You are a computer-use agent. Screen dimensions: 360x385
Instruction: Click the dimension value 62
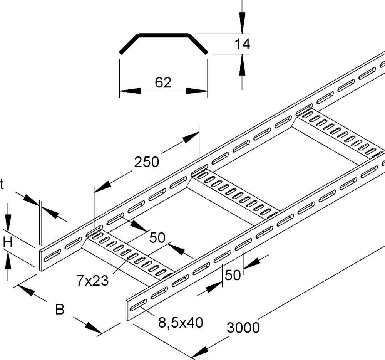(163, 82)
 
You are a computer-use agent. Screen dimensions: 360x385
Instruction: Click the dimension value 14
(242, 44)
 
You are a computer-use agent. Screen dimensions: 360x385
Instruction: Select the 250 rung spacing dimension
(146, 162)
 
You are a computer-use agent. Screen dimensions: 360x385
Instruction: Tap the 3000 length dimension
(243, 328)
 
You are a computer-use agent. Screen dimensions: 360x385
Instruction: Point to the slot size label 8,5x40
(180, 322)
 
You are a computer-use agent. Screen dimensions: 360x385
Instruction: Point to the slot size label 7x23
(92, 281)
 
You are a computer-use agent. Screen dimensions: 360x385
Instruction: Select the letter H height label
(8, 242)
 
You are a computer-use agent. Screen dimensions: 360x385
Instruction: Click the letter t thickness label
(2, 185)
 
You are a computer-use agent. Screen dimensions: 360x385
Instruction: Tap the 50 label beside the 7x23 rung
(157, 238)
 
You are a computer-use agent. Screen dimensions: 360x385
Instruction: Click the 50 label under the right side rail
(233, 275)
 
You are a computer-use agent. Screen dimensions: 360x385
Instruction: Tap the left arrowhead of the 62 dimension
(129, 91)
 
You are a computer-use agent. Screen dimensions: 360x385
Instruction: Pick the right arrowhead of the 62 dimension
(197, 91)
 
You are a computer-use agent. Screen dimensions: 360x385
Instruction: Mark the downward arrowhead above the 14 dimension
(242, 23)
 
